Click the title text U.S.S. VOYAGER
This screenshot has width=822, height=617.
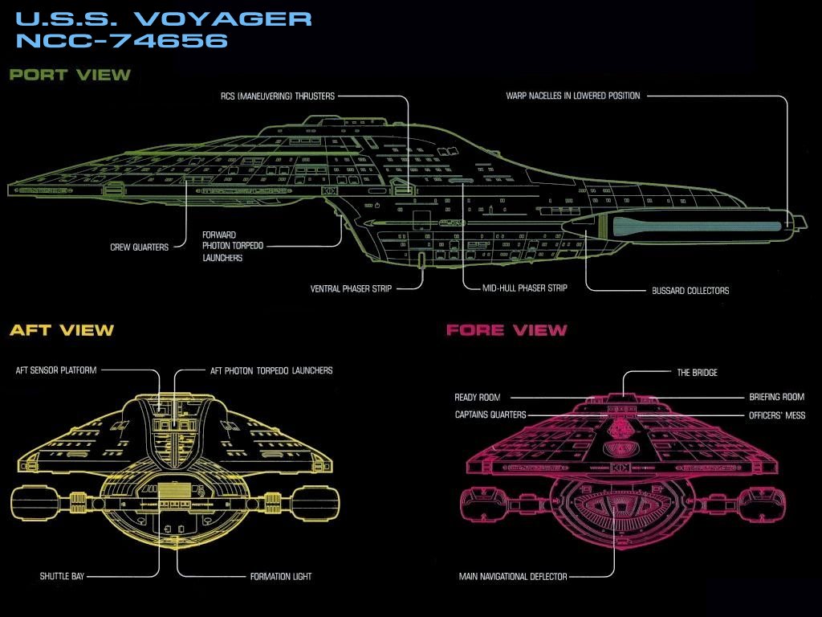(x=163, y=18)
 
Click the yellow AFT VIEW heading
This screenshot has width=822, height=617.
(x=62, y=330)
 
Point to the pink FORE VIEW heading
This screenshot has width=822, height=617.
(x=507, y=330)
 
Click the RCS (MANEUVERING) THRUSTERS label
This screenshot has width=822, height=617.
(x=278, y=96)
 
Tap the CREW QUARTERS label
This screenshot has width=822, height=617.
(x=139, y=247)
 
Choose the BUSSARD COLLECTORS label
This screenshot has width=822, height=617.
(x=690, y=291)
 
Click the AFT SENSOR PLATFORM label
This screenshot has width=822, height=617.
(x=56, y=370)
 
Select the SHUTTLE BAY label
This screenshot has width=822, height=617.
(x=63, y=577)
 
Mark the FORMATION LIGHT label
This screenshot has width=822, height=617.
(x=281, y=577)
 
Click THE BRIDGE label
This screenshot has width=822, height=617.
(x=698, y=373)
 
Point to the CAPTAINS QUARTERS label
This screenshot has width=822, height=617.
(x=490, y=415)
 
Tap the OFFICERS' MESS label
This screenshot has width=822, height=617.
(x=777, y=415)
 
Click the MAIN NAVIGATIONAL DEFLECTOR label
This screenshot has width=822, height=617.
(x=513, y=577)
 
